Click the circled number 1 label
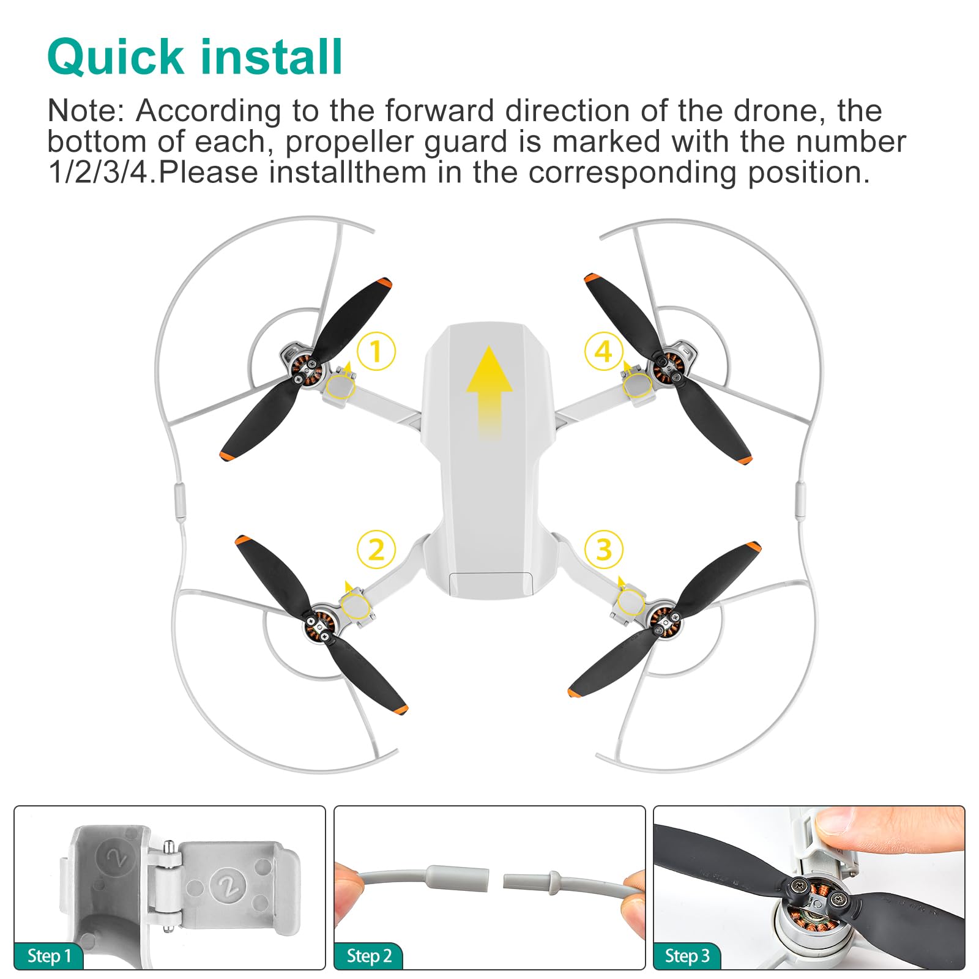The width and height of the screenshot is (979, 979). click(x=376, y=351)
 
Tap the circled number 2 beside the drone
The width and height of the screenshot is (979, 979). click(x=376, y=549)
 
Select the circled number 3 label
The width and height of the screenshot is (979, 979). click(x=603, y=549)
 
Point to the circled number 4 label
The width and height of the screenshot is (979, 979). click(x=603, y=351)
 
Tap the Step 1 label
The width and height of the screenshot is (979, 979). click(x=49, y=956)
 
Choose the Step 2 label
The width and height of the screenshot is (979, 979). click(x=368, y=956)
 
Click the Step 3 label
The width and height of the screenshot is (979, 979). click(x=687, y=956)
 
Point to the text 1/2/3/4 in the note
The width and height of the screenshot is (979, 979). click(x=98, y=173)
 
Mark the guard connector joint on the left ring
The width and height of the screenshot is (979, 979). click(x=179, y=501)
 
